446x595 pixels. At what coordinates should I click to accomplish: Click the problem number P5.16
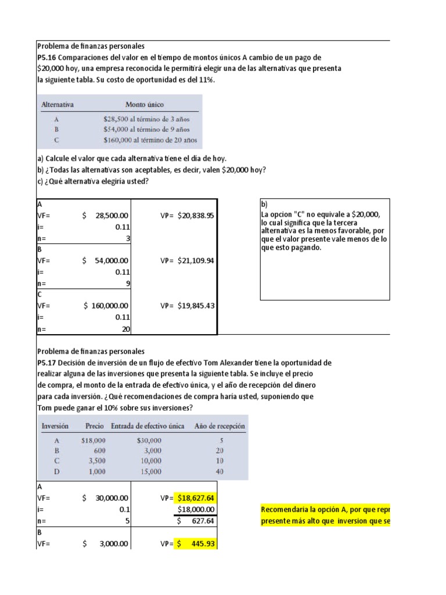pyautogui.click(x=46, y=58)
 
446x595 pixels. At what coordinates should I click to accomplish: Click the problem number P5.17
pyautogui.click(x=46, y=363)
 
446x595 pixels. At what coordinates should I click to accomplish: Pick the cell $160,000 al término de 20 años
pyautogui.click(x=150, y=140)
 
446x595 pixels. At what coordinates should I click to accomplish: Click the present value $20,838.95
pyautogui.click(x=195, y=216)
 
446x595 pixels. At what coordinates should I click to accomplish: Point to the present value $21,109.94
pyautogui.click(x=195, y=260)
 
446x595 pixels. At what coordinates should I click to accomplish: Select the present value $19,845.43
pyautogui.click(x=195, y=305)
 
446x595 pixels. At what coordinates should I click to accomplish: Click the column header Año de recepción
pyautogui.click(x=219, y=426)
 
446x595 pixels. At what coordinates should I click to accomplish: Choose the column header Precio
pyautogui.click(x=95, y=426)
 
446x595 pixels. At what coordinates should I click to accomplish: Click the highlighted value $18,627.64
pyautogui.click(x=196, y=498)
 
